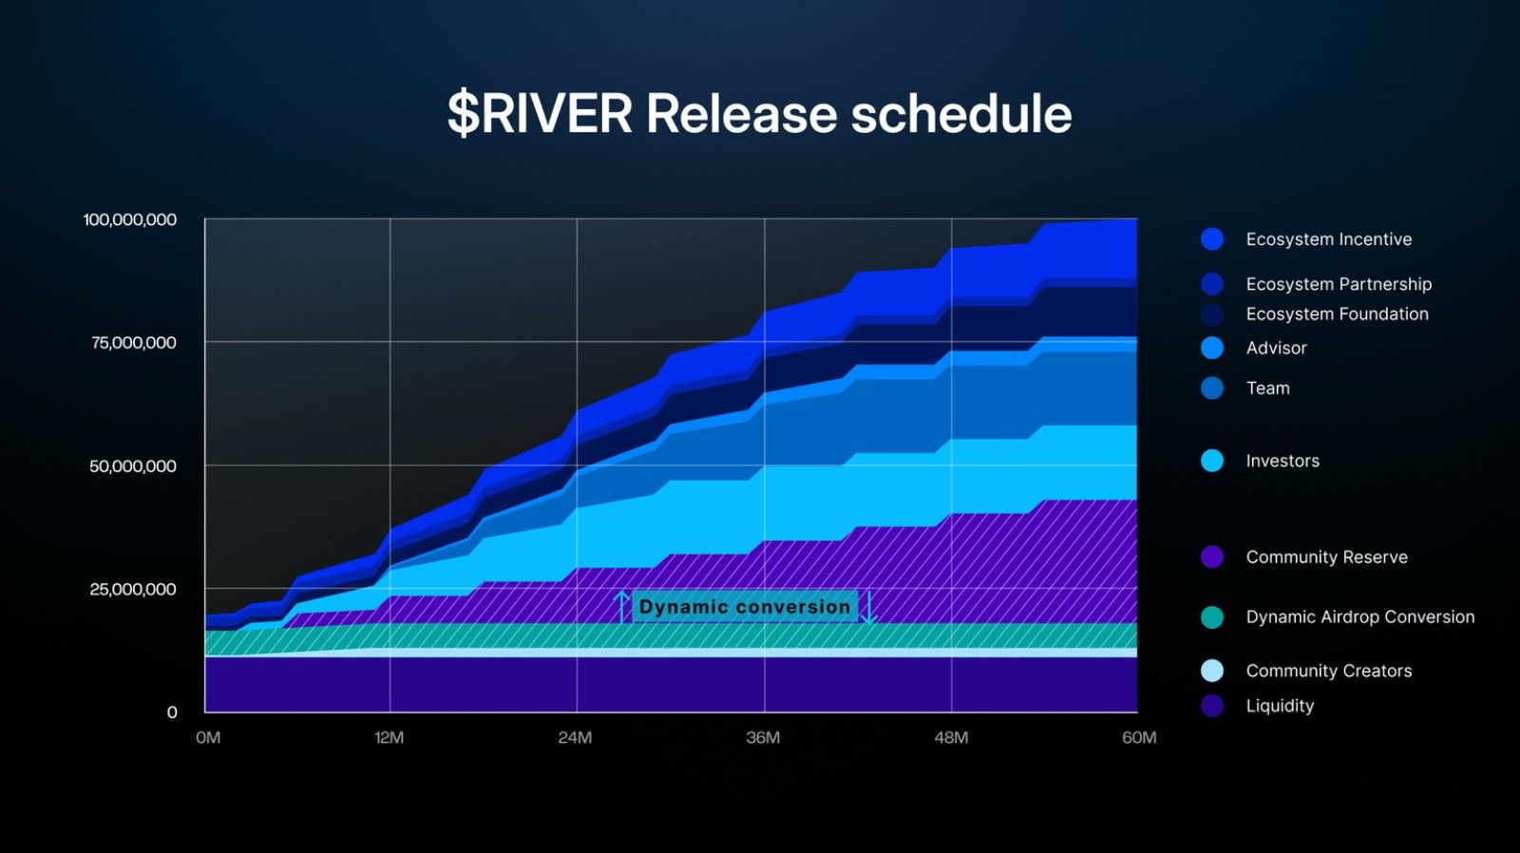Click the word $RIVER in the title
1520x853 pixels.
point(540,114)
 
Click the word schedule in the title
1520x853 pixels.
point(960,114)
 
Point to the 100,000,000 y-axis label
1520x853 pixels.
point(130,219)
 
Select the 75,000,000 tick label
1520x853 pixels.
point(134,343)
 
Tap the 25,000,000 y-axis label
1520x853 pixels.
point(133,589)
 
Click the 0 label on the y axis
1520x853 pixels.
point(172,711)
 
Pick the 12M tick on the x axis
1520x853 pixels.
point(389,737)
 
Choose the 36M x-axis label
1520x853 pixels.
point(763,737)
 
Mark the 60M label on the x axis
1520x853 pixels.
point(1139,737)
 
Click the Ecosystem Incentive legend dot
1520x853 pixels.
point(1212,239)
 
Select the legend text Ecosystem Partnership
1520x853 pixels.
point(1339,284)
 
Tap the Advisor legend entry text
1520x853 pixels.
point(1276,348)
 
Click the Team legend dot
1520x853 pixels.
point(1212,388)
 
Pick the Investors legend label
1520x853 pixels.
point(1282,461)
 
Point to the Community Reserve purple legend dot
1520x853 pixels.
point(1212,557)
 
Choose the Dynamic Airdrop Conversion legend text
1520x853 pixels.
point(1359,616)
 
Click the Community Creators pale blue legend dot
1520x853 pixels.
point(1212,671)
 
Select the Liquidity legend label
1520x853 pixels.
point(1280,706)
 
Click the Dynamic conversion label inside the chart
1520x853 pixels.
point(745,606)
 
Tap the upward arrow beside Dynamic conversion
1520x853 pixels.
point(622,606)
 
